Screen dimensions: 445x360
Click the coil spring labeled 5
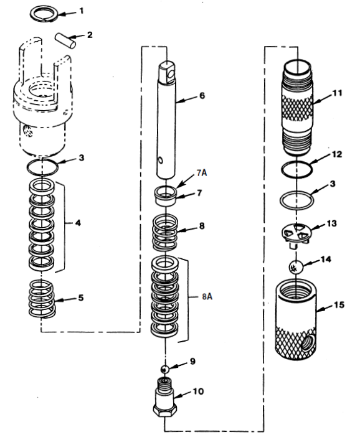click(x=44, y=298)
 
